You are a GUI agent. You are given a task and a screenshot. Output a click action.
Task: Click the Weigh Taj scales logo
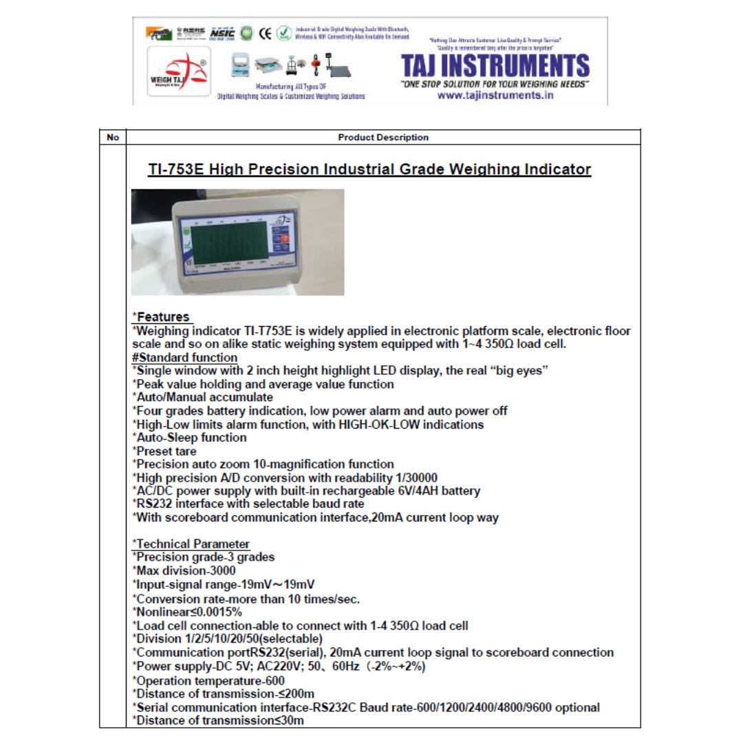point(178,74)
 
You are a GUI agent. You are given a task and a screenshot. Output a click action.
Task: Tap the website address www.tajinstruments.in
point(495,96)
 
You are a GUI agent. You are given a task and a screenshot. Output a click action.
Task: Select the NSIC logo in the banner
point(222,32)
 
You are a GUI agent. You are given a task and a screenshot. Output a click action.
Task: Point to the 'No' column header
point(113,138)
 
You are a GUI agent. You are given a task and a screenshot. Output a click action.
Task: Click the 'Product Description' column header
point(383,138)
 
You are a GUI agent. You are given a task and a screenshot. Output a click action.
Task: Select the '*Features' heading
point(162,317)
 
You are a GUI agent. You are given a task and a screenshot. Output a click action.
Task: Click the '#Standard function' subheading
point(184,358)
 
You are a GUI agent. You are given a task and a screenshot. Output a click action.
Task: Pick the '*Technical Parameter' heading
point(191,544)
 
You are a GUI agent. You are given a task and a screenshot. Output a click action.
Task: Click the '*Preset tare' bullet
point(164,451)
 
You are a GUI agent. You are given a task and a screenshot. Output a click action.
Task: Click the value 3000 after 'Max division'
point(223,571)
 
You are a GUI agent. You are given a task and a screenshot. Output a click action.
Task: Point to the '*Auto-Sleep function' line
point(189,438)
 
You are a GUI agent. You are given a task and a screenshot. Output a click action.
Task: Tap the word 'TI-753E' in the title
point(175,169)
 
